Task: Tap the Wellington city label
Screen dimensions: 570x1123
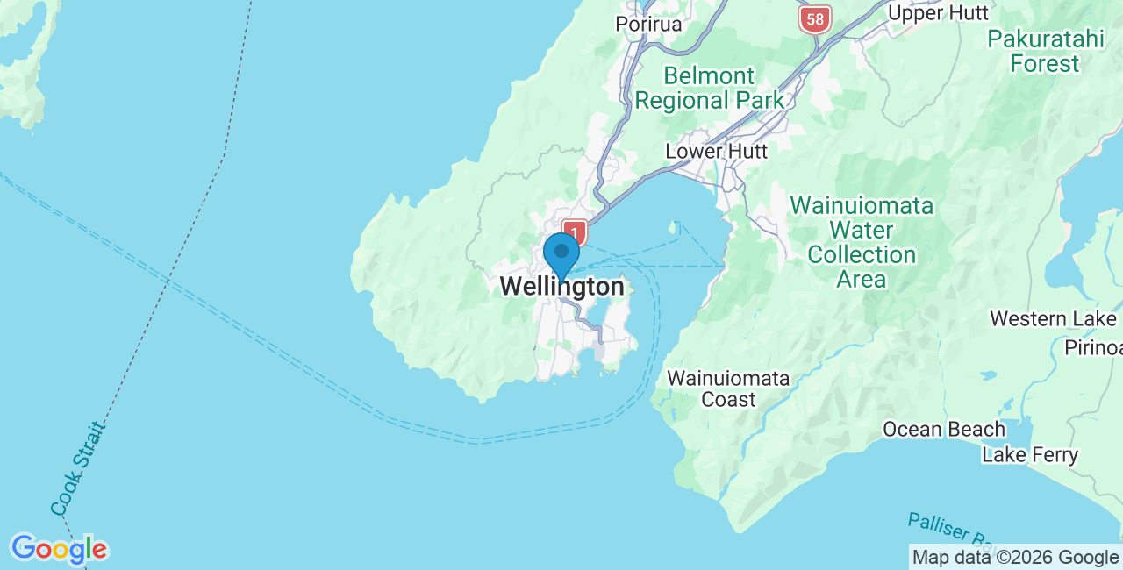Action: tap(562, 287)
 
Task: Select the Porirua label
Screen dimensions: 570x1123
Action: tap(648, 24)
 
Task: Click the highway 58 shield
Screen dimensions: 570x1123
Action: tap(815, 18)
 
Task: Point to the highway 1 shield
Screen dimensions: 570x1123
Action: tap(575, 232)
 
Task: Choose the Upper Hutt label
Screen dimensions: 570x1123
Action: tap(938, 13)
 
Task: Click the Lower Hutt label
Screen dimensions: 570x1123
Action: tap(716, 151)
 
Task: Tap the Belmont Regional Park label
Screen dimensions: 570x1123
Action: tap(709, 88)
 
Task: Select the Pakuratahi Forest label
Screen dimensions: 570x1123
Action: tap(1044, 51)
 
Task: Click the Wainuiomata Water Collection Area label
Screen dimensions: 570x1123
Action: tap(862, 243)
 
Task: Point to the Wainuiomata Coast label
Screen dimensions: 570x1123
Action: tap(728, 388)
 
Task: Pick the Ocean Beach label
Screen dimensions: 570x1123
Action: tap(944, 429)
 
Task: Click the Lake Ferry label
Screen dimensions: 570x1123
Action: tap(1030, 455)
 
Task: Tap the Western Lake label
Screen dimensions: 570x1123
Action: tap(1053, 318)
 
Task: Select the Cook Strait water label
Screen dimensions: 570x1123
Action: tap(78, 469)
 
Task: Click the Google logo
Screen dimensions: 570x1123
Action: tap(59, 550)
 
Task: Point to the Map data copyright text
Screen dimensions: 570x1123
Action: tap(1015, 557)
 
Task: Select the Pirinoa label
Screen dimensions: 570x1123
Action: tap(1093, 348)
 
